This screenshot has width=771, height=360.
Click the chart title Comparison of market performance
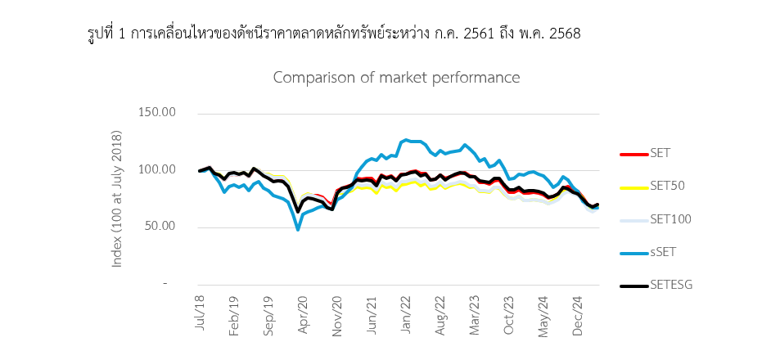point(396,78)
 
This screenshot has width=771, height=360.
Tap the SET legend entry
point(660,153)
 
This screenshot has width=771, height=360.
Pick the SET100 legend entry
point(670,218)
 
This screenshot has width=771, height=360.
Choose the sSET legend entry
point(663,251)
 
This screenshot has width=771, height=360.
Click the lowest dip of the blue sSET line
point(298,230)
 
